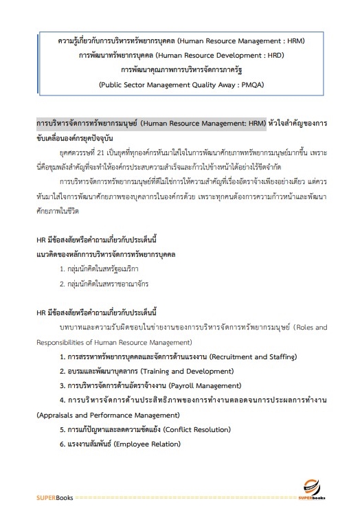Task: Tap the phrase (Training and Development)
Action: coord(192,371)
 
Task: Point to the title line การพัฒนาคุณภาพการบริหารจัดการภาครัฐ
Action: coord(180,70)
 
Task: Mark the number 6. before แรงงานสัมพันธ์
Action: coord(63,444)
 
